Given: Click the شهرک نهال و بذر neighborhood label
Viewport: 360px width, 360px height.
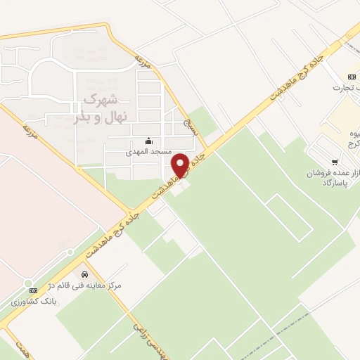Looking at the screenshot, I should [x=96, y=106].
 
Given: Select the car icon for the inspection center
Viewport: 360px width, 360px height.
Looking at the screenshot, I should [x=84, y=273].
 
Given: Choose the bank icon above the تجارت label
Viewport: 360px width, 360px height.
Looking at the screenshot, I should [x=351, y=77].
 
